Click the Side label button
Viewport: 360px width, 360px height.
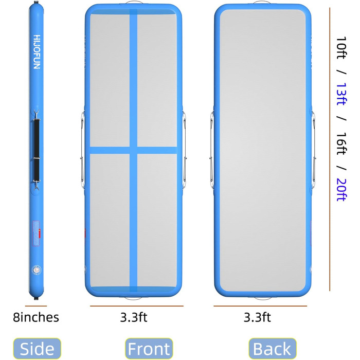click(x=37, y=349)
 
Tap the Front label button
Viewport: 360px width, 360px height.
click(x=149, y=349)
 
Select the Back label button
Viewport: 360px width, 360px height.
click(x=272, y=349)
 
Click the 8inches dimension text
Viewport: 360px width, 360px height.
click(x=36, y=317)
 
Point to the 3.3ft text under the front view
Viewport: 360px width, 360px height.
click(x=134, y=317)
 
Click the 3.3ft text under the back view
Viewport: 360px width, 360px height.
click(x=257, y=317)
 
